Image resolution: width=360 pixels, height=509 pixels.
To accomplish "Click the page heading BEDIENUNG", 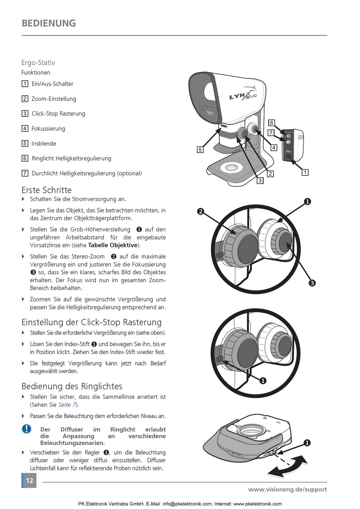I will point(49,23).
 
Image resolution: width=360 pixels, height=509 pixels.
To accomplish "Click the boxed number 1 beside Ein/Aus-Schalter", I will point(25,84).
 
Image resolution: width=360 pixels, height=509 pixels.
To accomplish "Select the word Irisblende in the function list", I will point(44,144).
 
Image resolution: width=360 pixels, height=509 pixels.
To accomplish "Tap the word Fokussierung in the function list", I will point(48,129).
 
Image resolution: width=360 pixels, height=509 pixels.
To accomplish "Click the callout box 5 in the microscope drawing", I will point(200,150).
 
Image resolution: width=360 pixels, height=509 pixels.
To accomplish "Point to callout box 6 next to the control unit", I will point(271,123).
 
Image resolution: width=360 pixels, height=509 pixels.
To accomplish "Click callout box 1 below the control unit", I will point(305,173).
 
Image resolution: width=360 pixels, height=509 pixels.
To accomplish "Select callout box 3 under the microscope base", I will point(260,181).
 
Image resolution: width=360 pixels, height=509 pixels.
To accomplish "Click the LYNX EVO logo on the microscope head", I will point(243,95).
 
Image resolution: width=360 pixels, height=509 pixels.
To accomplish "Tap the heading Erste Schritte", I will point(46,190).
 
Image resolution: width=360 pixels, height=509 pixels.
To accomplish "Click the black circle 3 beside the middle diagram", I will point(312,283).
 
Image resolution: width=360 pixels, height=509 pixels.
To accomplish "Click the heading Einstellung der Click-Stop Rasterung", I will point(91,322).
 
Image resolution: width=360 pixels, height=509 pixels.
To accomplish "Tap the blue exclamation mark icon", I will point(26,429).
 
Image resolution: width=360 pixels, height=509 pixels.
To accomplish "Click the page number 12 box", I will point(29,481).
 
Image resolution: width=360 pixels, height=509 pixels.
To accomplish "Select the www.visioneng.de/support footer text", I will point(287,489).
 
